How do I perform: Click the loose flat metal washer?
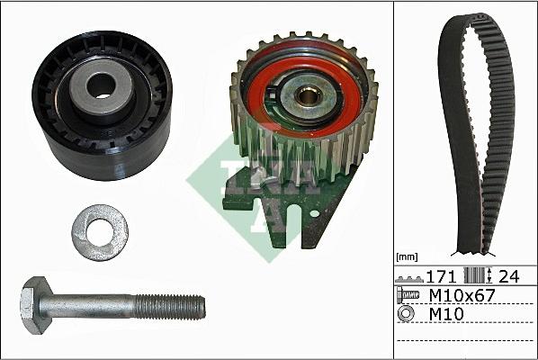99,232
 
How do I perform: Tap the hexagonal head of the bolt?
34,306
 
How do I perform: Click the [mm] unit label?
409,257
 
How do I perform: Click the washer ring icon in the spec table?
408,315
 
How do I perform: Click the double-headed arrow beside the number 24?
487,277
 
